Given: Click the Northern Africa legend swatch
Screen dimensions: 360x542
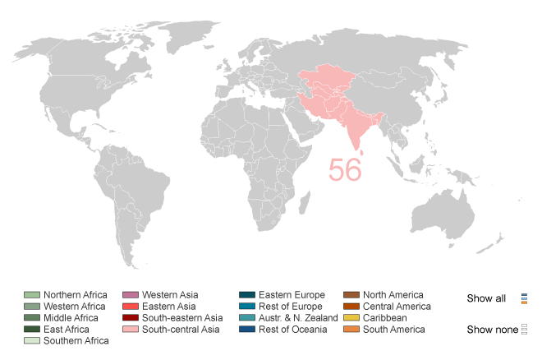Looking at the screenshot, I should point(31,295).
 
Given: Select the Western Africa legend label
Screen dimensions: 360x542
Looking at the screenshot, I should point(75,307).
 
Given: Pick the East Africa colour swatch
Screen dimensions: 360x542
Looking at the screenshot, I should point(31,330).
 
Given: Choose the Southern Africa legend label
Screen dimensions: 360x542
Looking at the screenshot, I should point(76,340).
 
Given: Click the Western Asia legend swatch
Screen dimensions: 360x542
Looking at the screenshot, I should point(130,295).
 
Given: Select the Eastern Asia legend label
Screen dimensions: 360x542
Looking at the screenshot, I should point(169,307).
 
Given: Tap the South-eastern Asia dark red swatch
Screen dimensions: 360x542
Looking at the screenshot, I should point(130,318).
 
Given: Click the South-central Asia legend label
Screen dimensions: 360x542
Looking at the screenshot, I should point(181,330).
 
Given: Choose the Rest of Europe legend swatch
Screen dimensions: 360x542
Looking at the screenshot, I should point(246,307).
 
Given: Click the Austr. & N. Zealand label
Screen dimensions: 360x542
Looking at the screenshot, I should point(298,318).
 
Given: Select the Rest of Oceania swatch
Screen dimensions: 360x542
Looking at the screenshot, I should point(246,330).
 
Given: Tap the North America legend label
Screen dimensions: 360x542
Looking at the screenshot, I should point(393,295).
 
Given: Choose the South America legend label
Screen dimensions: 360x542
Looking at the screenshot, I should point(394,330).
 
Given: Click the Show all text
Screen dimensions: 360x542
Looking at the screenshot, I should point(486,298).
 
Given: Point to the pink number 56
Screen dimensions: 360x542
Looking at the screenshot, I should point(345,168).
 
